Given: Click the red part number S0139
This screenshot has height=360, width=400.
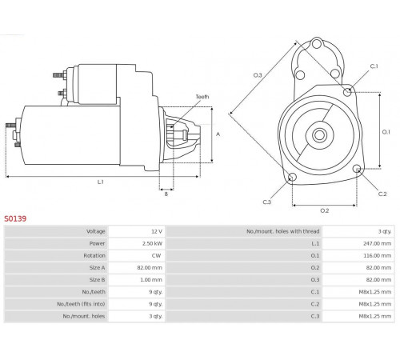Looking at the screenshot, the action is [15, 219].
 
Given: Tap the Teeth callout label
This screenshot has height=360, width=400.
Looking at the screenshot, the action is [202, 97].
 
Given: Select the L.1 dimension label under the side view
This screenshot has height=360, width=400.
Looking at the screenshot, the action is [100, 182].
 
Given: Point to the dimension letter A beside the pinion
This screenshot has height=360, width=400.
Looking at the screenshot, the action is [218, 134].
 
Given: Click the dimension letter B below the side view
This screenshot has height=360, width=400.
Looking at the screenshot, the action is [166, 194].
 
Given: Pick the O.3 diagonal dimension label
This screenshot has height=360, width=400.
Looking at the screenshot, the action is [258, 75].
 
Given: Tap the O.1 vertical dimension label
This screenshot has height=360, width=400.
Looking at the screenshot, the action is [386, 132].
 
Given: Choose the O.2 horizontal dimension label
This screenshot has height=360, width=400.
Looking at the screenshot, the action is [325, 210].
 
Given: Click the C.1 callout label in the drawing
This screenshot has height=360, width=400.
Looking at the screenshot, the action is [374, 66].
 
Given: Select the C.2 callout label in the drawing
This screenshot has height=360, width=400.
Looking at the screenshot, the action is [382, 194].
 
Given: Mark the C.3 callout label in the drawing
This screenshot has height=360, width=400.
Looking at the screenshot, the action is [267, 202].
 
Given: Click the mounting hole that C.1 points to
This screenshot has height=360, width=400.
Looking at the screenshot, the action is [347, 92].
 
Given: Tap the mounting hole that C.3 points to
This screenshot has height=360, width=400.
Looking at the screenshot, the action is [293, 178].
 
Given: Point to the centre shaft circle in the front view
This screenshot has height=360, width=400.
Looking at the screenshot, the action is [319, 135].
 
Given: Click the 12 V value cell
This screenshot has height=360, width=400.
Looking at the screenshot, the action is [157, 231].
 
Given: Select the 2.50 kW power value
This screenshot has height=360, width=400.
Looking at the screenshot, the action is [152, 243].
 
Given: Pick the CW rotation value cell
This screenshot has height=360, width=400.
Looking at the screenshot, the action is [156, 255].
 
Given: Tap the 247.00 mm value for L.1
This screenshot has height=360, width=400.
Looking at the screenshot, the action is [377, 243].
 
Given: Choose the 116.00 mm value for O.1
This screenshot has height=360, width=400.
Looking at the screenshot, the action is [378, 255].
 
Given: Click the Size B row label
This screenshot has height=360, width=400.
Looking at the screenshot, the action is [97, 280].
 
